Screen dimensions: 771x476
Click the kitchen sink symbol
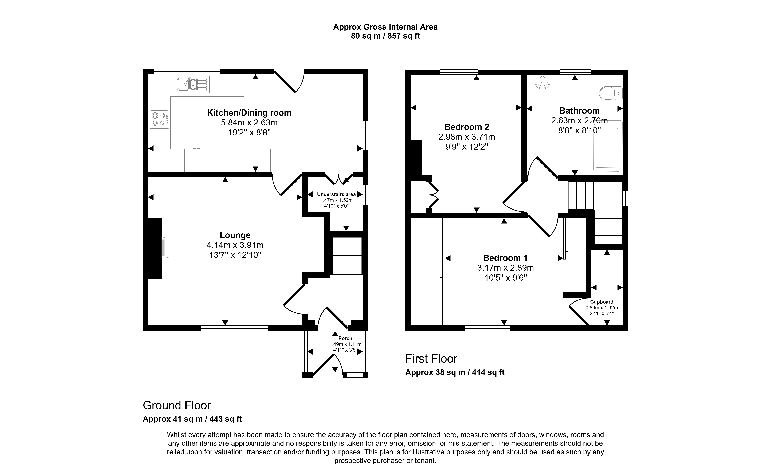coord(192,84)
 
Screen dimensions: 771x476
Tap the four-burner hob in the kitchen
coord(159,119)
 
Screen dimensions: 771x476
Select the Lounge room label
coord(235,235)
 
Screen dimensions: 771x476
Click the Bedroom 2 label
coord(467,127)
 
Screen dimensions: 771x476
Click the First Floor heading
coord(431,359)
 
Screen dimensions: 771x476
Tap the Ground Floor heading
coord(177,405)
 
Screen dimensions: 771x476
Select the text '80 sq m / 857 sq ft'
coord(385,36)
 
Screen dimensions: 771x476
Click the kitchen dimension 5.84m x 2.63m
coord(249,122)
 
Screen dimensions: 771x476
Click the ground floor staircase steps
coord(347,256)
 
